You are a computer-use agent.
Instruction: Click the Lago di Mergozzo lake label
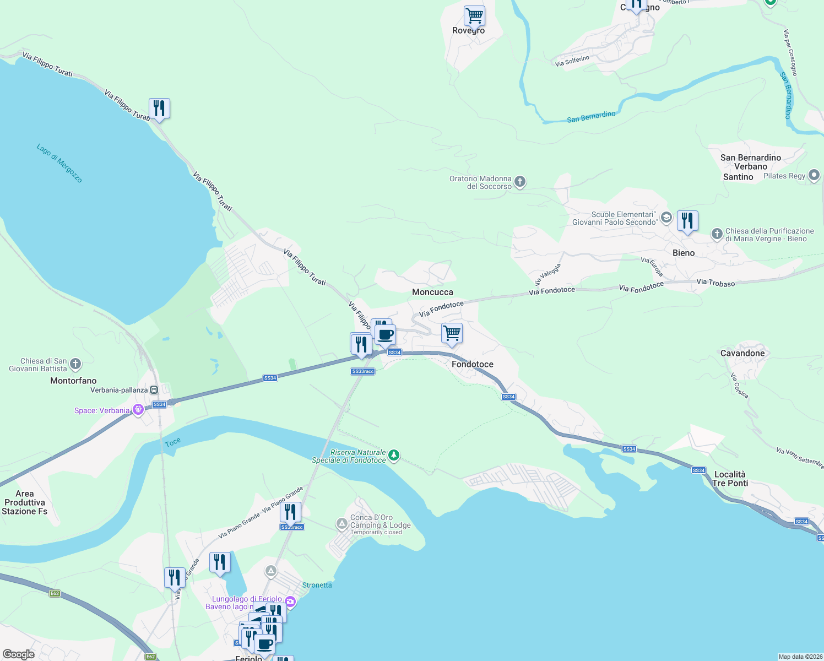coord(59,163)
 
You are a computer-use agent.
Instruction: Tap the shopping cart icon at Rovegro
coord(474,16)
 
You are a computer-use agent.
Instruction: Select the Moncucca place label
coord(432,292)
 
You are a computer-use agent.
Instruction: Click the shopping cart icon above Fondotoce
coord(452,333)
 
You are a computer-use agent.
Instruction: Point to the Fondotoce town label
coord(472,364)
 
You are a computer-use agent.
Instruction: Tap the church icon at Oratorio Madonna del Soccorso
coord(519,181)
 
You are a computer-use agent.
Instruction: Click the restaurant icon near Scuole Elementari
coord(687,221)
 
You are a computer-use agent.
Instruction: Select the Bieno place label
coord(684,253)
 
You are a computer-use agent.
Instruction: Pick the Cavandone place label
coord(742,353)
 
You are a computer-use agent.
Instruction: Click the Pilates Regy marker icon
coord(814,176)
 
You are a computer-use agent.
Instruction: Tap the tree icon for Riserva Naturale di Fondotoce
coord(393,455)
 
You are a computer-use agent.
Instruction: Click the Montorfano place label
coord(73,381)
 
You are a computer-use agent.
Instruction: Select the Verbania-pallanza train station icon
coord(154,390)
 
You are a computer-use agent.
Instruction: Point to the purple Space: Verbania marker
coord(138,410)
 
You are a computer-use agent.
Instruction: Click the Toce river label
coord(172,442)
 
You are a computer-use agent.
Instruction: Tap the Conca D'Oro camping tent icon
coord(342,522)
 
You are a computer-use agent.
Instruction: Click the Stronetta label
coord(317,585)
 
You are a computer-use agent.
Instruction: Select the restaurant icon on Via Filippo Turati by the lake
coord(159,109)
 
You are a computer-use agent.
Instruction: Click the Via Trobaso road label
coord(715,283)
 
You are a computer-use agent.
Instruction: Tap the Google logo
coord(19,654)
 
